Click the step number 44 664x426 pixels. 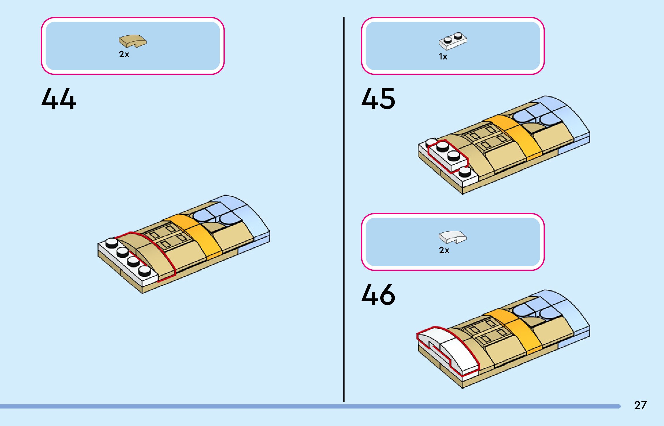pos(59,99)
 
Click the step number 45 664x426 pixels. pos(378,99)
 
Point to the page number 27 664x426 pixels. pos(640,405)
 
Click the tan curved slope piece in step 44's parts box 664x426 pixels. pos(133,41)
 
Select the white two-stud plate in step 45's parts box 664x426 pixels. pos(453,41)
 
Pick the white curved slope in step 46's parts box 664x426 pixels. pos(452,237)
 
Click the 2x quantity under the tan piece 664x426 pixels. pos(124,54)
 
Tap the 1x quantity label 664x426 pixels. pos(443,57)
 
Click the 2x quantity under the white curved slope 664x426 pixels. pos(444,250)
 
